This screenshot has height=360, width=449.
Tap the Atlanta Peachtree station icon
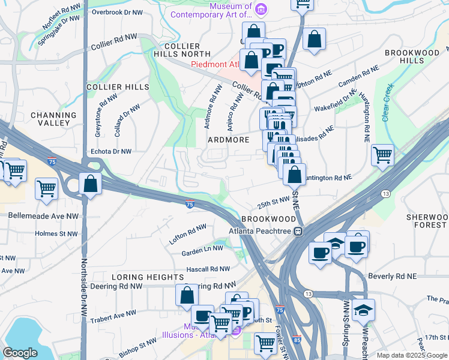[x=298, y=232]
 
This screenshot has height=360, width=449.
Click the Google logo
[x=20, y=353]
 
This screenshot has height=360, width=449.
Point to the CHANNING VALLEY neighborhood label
[x=53, y=119]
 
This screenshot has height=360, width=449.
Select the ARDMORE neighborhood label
[x=228, y=140]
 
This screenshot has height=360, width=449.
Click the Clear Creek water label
[x=387, y=102]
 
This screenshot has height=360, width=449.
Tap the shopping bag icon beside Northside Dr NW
[x=90, y=184]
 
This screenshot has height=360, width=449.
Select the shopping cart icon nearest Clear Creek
[x=382, y=155]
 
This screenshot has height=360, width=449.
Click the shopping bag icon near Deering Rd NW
[x=187, y=295]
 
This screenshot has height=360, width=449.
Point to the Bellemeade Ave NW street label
[x=38, y=214]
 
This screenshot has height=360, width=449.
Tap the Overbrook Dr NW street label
[x=117, y=12]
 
